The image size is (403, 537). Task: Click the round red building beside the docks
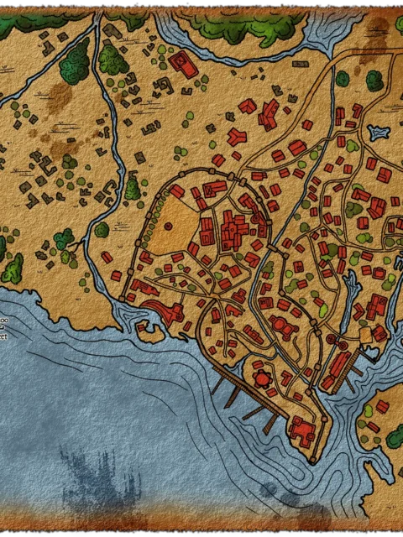263,379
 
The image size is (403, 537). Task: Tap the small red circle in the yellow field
170,227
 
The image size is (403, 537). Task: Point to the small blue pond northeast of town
378,133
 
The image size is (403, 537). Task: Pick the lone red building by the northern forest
180,64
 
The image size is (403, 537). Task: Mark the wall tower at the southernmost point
312,461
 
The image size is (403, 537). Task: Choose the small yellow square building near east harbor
365,334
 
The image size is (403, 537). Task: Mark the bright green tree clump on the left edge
12,268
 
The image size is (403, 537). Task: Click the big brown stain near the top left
59,96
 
